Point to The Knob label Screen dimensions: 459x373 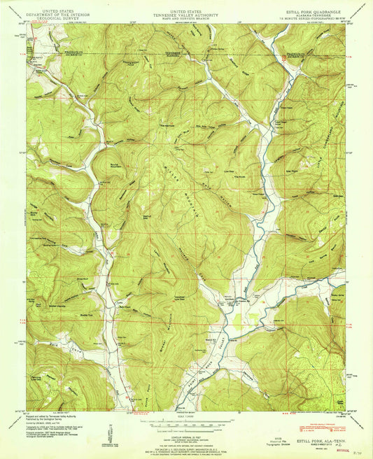[x=238, y=177]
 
